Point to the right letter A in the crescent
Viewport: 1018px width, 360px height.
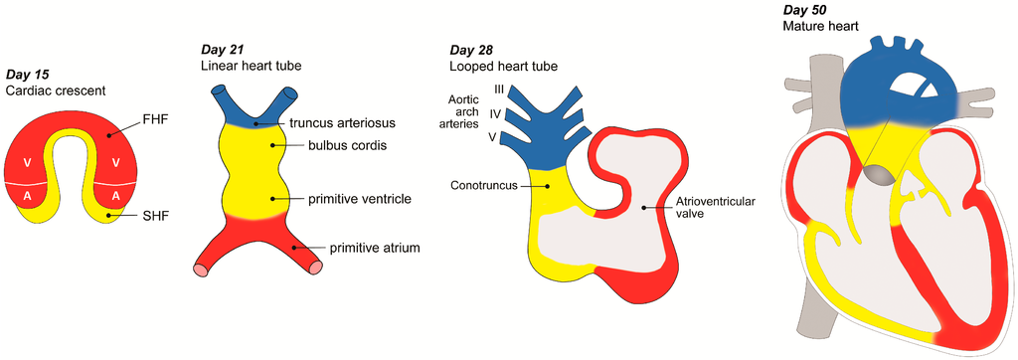tap(116, 197)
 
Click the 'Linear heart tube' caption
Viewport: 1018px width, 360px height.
tap(245, 66)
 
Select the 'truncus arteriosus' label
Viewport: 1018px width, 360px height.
tap(343, 123)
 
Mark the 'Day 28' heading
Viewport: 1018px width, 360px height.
tap(470, 50)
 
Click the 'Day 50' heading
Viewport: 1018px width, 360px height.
tap(804, 10)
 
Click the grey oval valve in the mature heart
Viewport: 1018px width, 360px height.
tap(880, 174)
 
